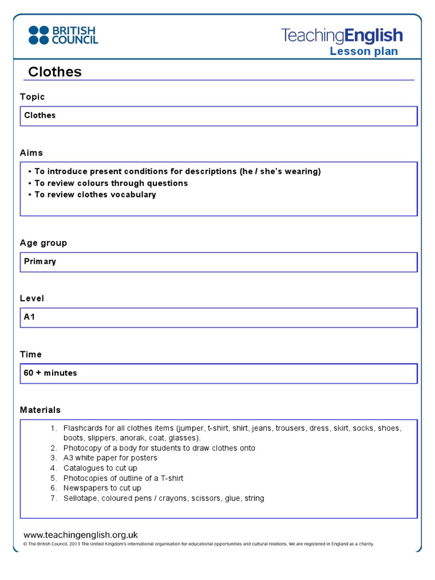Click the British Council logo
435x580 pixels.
(63, 35)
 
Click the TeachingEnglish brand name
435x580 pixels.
(342, 36)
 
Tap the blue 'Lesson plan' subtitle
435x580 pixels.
(364, 52)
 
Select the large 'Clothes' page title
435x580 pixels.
(55, 72)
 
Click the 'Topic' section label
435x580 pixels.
(32, 97)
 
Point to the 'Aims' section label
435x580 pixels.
(31, 153)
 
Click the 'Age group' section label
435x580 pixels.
(44, 243)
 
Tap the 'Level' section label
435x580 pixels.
(32, 298)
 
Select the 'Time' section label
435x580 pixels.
(31, 355)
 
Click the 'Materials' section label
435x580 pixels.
(40, 410)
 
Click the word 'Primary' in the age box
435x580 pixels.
(40, 262)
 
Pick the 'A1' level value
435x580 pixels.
(29, 317)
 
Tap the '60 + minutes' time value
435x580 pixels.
(50, 373)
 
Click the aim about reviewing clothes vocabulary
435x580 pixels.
(95, 195)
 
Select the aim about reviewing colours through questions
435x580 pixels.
(110, 184)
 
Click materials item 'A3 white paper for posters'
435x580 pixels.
(110, 458)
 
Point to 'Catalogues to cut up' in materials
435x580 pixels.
(100, 468)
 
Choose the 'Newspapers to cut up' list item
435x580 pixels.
(102, 488)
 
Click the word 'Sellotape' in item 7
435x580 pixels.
(80, 498)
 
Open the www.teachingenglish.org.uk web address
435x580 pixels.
(80, 535)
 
